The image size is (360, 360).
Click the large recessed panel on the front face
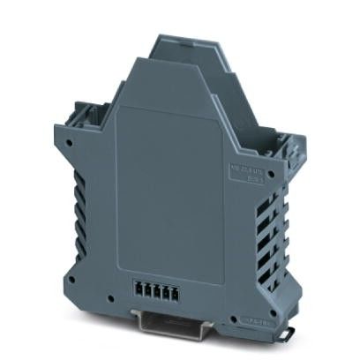tap(172, 185)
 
